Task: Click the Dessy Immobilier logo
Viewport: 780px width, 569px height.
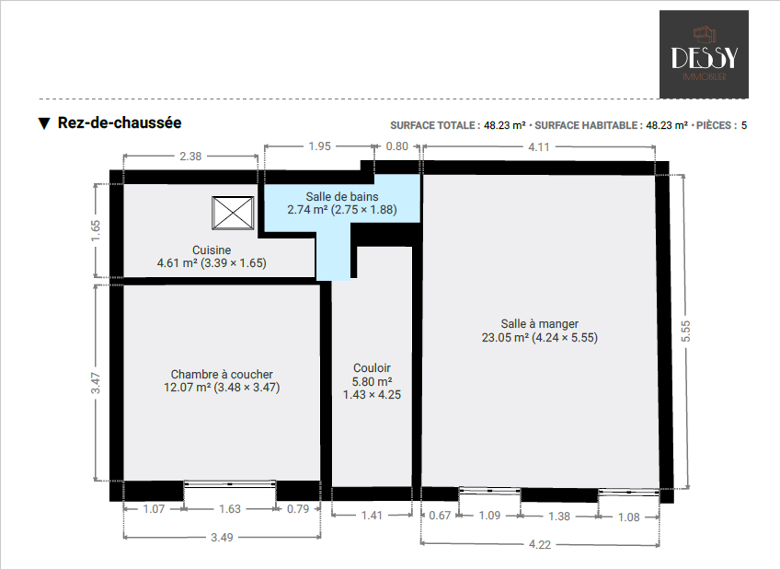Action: point(704,55)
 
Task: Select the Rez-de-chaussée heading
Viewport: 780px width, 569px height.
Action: point(119,123)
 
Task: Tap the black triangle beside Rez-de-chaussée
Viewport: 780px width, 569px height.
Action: point(44,123)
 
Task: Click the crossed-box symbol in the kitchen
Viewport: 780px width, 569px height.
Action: point(233,213)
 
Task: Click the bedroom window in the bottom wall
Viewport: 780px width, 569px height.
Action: point(230,484)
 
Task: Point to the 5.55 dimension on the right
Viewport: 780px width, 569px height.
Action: point(685,331)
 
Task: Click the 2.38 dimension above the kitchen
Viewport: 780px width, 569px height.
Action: point(190,156)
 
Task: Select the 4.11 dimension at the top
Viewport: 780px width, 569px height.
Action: point(539,147)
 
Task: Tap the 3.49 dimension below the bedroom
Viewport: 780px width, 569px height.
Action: point(222,537)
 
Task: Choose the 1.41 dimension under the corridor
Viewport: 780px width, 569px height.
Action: point(372,515)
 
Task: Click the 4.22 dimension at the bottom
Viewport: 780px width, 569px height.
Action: point(540,544)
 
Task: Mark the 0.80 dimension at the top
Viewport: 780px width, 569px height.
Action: point(397,147)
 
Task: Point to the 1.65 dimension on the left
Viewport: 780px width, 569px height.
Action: point(95,230)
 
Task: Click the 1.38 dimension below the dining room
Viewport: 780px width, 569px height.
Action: point(559,516)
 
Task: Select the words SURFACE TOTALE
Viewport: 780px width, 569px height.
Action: point(433,126)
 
